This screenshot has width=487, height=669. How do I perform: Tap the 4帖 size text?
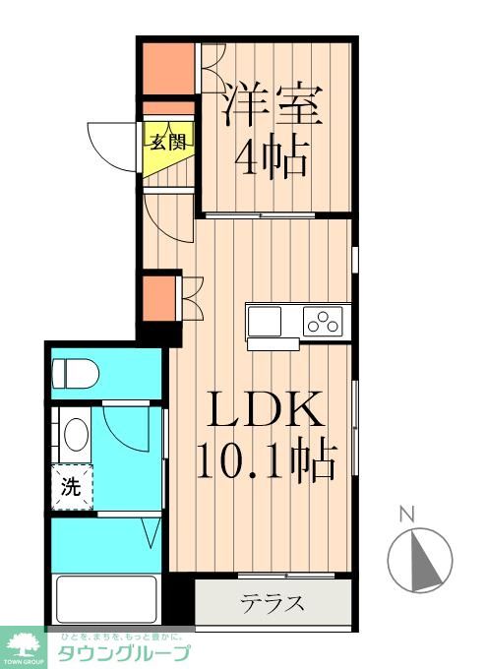point(274,154)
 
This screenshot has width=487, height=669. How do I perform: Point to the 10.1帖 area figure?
point(266,458)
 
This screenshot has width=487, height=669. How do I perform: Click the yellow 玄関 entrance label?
point(167,140)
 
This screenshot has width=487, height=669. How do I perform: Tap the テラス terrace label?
point(272,603)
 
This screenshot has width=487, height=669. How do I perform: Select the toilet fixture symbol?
point(74,374)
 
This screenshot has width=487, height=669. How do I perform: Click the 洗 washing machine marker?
point(72,485)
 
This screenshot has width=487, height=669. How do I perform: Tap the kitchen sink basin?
point(265,321)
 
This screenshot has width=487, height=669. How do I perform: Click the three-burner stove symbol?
point(322,321)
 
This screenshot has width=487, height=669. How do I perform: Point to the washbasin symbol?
point(72,433)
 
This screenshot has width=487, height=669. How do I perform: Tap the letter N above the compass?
point(405,513)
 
